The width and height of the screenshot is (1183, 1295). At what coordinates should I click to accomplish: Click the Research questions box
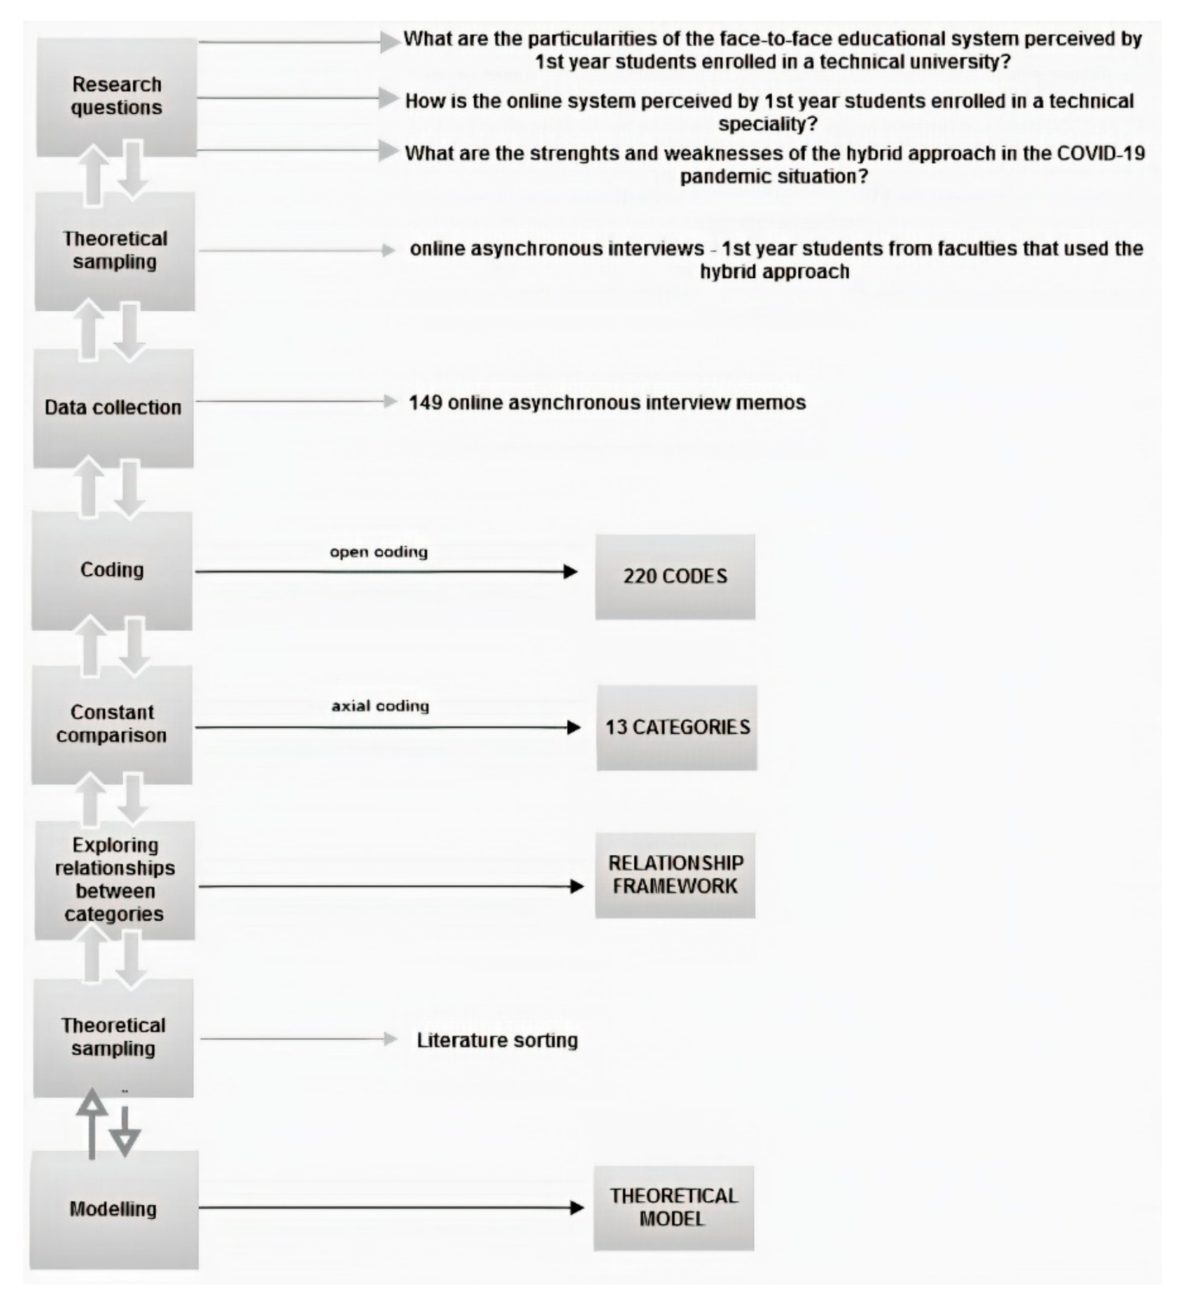(116, 96)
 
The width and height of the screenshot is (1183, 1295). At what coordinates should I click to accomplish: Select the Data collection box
(113, 408)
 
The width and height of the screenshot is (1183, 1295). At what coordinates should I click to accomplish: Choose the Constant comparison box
(112, 724)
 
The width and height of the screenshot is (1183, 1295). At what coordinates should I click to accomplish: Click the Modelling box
(114, 1209)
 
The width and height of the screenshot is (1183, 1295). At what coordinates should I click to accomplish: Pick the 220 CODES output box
(674, 576)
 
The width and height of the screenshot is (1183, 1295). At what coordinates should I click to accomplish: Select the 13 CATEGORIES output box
(676, 727)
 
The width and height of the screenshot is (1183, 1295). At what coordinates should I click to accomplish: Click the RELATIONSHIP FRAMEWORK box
(674, 875)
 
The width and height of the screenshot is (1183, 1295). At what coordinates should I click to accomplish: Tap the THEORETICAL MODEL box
(674, 1208)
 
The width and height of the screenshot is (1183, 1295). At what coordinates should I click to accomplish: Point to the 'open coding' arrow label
(379, 552)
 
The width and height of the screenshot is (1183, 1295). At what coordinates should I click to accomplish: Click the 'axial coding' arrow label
(380, 706)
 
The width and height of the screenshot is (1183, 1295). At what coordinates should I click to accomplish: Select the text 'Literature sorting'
(497, 1040)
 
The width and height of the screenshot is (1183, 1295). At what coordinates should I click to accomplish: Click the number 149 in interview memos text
(426, 403)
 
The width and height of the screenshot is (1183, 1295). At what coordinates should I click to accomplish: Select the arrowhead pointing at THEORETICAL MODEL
(576, 1208)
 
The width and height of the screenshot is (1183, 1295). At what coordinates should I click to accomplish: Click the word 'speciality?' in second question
(768, 123)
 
